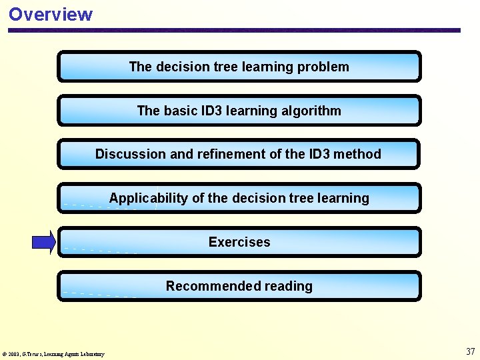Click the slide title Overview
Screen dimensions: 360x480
point(51,14)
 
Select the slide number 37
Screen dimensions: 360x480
point(470,351)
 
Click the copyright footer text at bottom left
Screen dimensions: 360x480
point(53,354)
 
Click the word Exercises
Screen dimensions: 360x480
point(239,242)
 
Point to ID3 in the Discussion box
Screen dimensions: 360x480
point(319,154)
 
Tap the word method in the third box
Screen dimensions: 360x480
point(358,154)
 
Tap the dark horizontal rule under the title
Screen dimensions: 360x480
point(233,30)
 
